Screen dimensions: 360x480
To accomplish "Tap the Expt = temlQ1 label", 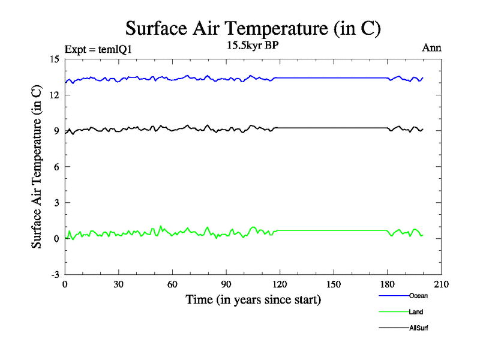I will (x=98, y=50).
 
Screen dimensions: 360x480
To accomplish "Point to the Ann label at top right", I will (x=432, y=47).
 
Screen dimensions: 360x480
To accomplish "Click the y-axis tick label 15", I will (x=53, y=59).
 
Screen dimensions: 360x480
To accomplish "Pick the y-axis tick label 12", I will (x=53, y=95).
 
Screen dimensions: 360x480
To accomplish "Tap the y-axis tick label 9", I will (x=56, y=131).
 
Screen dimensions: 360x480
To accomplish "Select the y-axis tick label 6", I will (x=56, y=167).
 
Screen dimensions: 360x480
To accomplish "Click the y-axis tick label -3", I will (x=54, y=275).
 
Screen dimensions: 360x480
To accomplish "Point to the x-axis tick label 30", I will (x=119, y=284).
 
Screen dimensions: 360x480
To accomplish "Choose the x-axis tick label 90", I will (x=227, y=284).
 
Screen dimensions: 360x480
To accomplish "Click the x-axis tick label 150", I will (x=334, y=284).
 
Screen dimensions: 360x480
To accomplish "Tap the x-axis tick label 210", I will (x=442, y=284).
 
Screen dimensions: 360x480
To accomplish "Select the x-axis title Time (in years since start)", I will (x=253, y=299).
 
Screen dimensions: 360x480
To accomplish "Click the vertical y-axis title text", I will (x=37, y=167).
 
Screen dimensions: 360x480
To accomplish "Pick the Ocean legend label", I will (x=418, y=295).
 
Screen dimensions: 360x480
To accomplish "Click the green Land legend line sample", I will (x=393, y=312).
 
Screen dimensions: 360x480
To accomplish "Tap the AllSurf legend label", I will (x=419, y=328).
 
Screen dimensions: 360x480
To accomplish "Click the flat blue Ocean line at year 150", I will (x=334, y=78).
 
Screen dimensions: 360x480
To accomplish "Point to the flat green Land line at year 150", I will (x=334, y=230).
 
